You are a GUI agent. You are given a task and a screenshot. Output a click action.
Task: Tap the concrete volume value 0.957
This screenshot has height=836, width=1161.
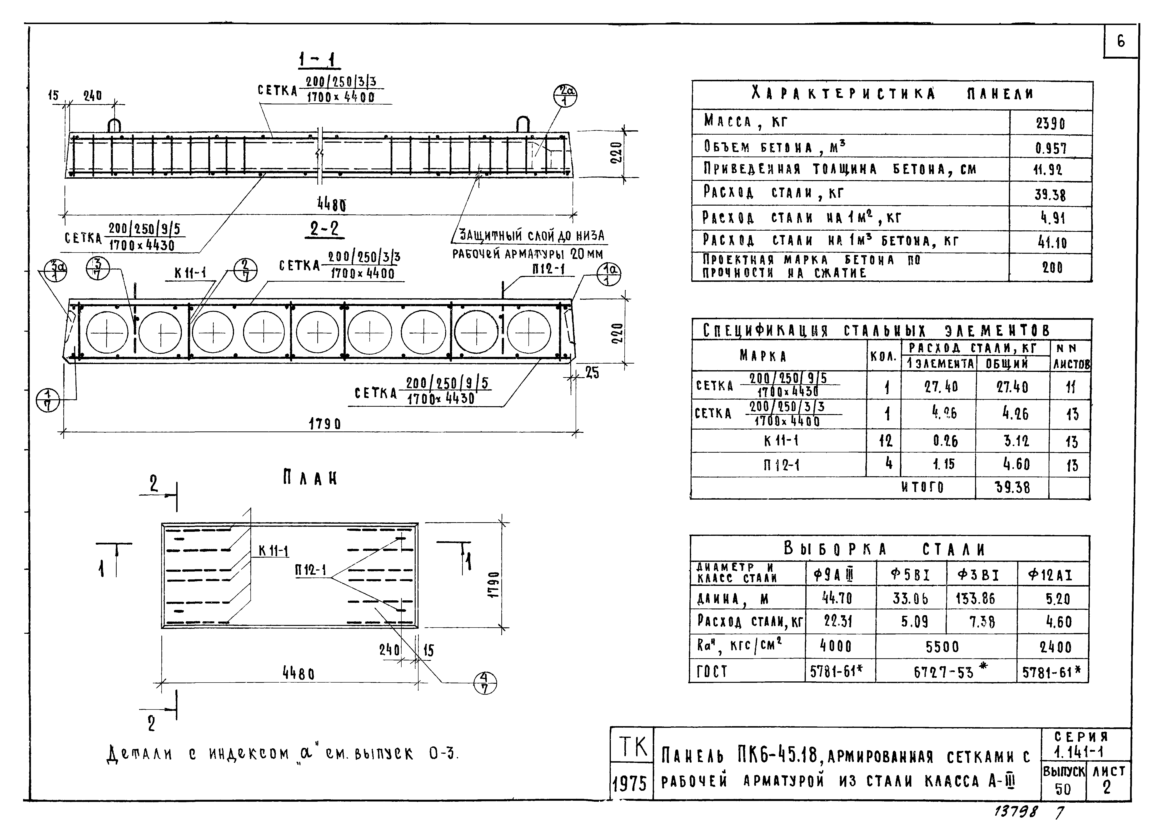click(1051, 148)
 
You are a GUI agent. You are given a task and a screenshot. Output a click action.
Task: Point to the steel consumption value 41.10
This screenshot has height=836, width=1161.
click(1052, 242)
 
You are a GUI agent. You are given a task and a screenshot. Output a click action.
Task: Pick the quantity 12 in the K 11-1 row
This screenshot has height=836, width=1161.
click(885, 441)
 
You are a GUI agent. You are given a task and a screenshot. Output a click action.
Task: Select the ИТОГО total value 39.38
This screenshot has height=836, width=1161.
click(1012, 487)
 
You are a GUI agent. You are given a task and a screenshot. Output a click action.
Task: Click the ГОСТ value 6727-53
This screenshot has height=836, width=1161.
click(944, 672)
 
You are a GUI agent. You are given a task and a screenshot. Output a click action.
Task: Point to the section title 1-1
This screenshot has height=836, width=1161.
click(319, 61)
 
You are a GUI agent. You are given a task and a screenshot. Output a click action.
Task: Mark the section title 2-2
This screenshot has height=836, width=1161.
click(324, 228)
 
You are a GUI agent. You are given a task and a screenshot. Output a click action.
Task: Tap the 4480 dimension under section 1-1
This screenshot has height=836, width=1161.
click(331, 205)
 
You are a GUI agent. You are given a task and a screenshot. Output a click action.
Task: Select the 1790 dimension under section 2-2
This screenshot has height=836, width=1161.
click(324, 424)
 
